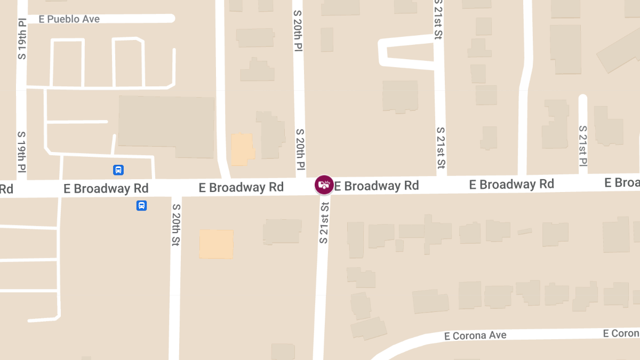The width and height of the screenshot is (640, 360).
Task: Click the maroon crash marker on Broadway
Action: [324, 185]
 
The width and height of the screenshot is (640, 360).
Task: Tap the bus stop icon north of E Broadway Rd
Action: [118, 170]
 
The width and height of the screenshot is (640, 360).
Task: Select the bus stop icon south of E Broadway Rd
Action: [141, 205]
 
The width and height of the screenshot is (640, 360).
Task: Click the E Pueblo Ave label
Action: [69, 19]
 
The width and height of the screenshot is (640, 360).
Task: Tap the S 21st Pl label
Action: [583, 146]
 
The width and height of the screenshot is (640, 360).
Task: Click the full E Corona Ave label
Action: [475, 335]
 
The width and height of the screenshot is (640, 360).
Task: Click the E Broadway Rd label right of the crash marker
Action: [377, 186]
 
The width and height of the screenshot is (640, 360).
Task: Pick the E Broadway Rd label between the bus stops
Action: [106, 189]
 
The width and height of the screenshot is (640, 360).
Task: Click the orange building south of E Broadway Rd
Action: [216, 244]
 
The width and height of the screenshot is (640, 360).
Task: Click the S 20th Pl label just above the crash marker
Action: [300, 149]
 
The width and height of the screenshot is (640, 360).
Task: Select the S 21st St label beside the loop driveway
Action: [438, 20]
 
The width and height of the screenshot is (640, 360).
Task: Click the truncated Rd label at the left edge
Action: [6, 189]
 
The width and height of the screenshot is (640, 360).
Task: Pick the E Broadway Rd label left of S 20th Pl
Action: [241, 187]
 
